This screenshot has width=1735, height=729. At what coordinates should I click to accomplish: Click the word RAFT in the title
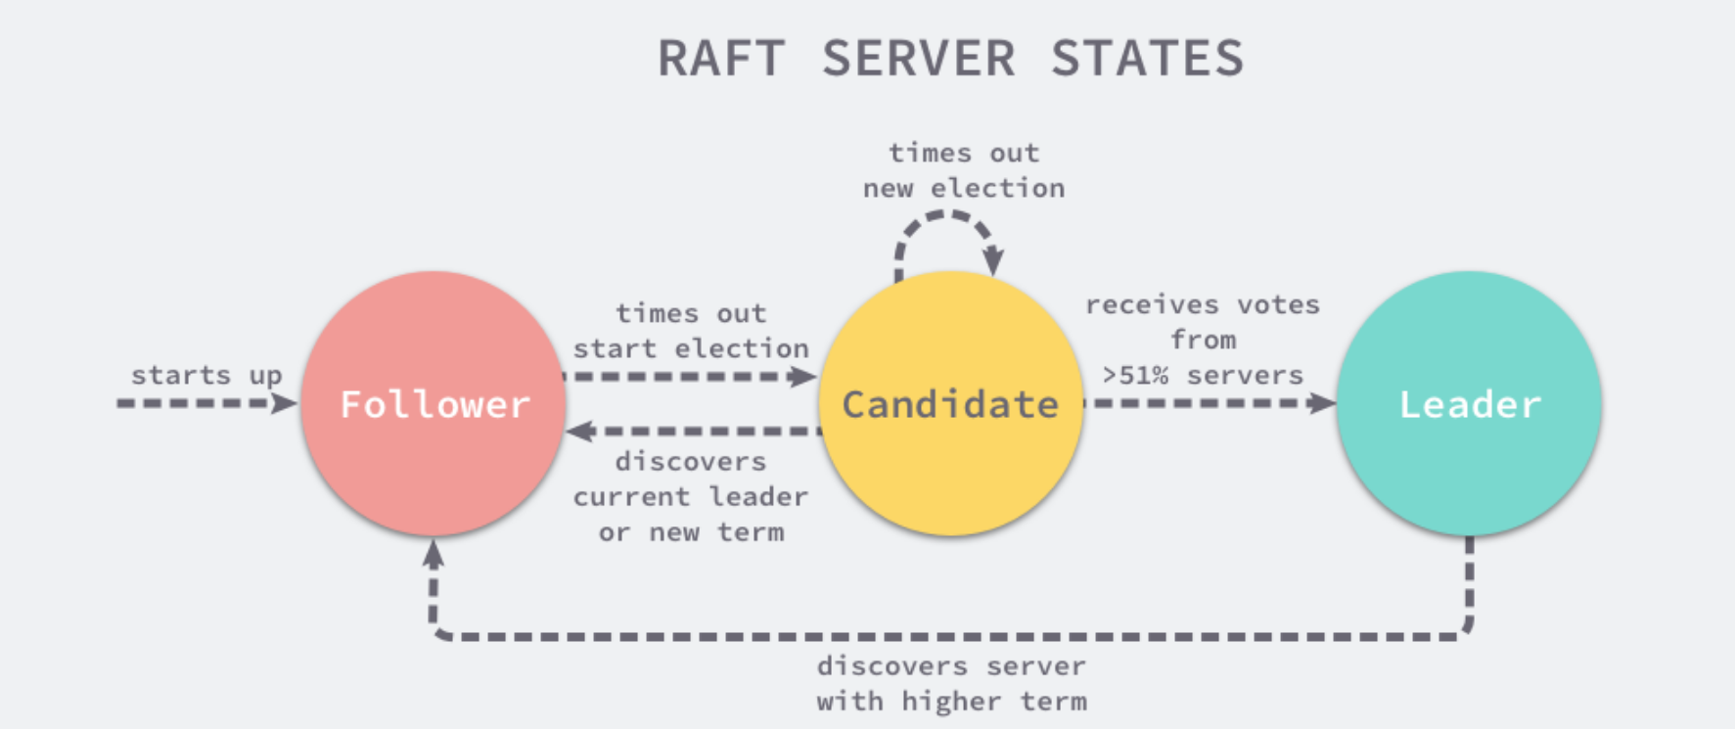coord(720,59)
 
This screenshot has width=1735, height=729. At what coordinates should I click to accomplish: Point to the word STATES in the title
coord(1147,59)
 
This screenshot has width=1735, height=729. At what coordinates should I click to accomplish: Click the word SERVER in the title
coord(918,59)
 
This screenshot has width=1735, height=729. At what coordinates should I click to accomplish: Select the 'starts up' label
coord(206,376)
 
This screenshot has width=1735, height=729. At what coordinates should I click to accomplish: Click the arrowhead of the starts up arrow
coord(286,403)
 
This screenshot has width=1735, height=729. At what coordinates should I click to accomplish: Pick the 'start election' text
coord(691,349)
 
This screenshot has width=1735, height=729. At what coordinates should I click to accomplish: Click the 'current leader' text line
coord(691,497)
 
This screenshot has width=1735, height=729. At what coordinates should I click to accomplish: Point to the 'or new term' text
coord(691,532)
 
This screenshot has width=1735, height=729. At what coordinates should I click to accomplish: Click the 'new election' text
coord(964,188)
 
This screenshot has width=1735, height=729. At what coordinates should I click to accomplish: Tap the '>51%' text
coord(1135,376)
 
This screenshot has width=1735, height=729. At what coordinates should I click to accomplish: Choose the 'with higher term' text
coord(951,702)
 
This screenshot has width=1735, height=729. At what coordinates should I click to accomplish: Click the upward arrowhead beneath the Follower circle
coord(434,554)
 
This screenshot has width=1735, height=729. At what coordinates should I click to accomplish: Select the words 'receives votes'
coord(1202,305)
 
